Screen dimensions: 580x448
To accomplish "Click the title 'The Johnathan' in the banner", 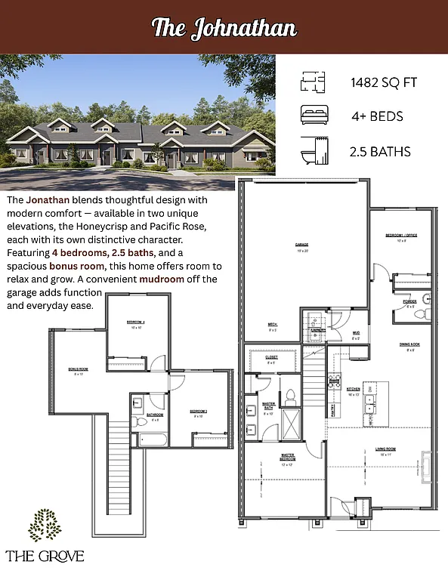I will (224, 28).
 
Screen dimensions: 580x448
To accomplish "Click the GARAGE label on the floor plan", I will (302, 245).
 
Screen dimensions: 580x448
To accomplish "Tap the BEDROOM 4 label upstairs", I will (135, 323).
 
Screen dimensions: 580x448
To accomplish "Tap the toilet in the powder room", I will (428, 313).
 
